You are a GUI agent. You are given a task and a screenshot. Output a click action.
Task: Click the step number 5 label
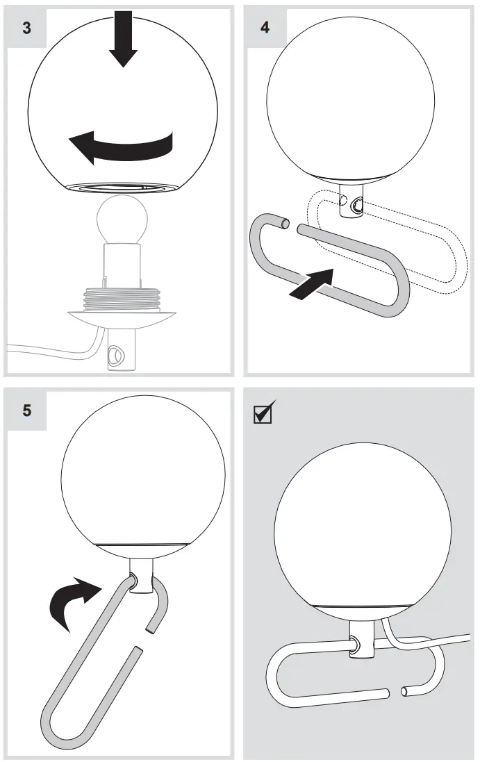pyautogui.click(x=26, y=410)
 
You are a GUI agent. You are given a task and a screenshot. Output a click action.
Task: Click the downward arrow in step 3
pyautogui.click(x=124, y=38)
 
